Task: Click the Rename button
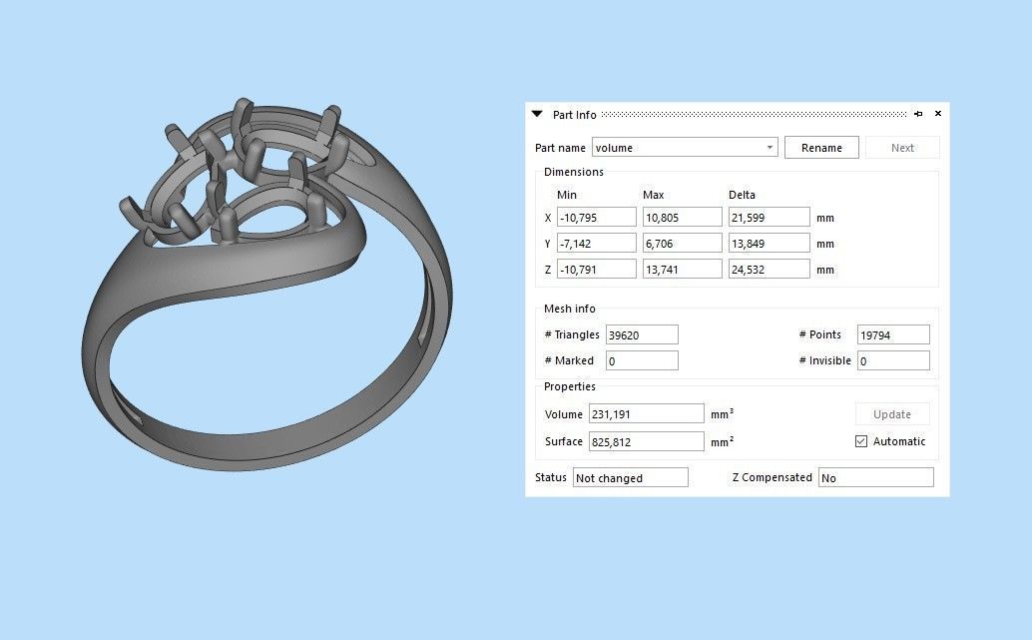click(821, 148)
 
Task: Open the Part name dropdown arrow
click(770, 148)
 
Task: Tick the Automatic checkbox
click(861, 441)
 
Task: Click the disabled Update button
click(891, 414)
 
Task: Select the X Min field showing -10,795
click(597, 218)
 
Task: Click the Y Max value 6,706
click(682, 244)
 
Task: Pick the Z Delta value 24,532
click(769, 270)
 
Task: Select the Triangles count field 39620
click(642, 335)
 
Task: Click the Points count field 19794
click(892, 335)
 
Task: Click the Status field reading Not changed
click(630, 478)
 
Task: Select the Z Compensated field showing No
click(875, 478)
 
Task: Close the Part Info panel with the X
click(937, 114)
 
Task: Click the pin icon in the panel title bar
click(918, 114)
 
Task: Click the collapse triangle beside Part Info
click(538, 115)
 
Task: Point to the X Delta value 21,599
click(769, 218)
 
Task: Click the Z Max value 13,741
click(682, 270)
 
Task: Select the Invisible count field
click(892, 361)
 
